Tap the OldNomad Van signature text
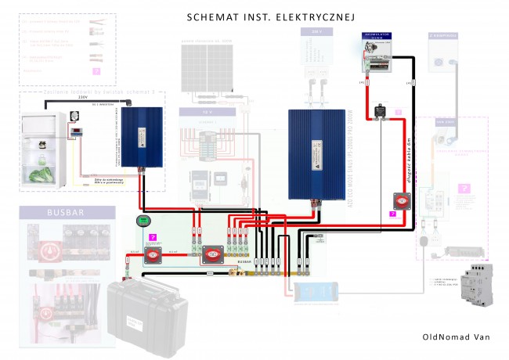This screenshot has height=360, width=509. click(x=454, y=337)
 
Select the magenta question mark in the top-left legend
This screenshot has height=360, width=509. click(x=96, y=70)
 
